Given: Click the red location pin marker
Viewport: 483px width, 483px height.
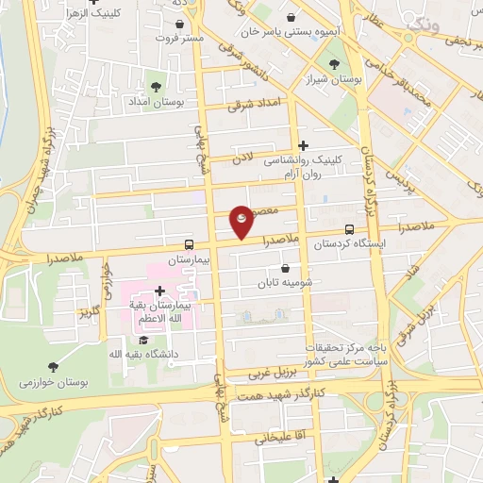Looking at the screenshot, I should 241,221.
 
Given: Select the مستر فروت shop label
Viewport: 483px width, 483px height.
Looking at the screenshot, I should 179,39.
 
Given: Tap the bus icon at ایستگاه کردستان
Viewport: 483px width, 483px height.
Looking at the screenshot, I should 350,229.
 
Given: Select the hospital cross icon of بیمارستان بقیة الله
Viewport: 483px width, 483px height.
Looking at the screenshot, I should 159,291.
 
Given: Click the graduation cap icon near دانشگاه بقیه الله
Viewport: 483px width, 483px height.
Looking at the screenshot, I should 143,340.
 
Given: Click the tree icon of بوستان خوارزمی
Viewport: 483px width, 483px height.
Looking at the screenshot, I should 51,366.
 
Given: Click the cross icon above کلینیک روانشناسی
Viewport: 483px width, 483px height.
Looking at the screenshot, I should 303,145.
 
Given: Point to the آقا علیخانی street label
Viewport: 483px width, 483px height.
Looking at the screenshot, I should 275,439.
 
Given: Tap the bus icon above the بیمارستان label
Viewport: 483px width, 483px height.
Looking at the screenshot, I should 190,243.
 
